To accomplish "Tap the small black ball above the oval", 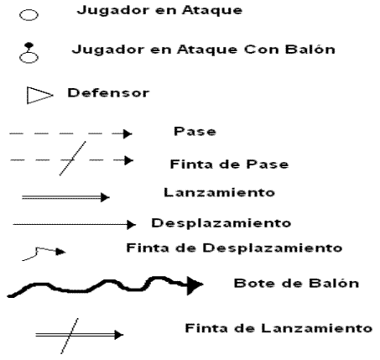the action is [x=29, y=45].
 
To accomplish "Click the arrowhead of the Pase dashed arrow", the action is [x=128, y=133].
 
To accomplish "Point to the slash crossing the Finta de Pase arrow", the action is [x=73, y=159].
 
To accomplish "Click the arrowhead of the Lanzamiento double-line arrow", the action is [x=105, y=197].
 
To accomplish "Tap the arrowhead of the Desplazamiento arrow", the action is [x=131, y=224].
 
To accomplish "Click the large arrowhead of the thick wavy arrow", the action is [x=195, y=285].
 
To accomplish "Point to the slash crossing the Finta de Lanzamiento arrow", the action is [x=70, y=336].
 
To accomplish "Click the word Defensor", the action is [x=108, y=93].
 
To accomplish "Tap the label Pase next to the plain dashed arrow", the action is [x=195, y=131].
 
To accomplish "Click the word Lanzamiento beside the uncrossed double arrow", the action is [x=219, y=192].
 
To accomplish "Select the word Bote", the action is [x=253, y=284].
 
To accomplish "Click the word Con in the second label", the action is [x=262, y=50].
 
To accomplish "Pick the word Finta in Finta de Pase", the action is [x=191, y=164].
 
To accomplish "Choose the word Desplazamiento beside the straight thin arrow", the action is [x=221, y=223].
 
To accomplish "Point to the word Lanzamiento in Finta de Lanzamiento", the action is [x=316, y=328].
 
